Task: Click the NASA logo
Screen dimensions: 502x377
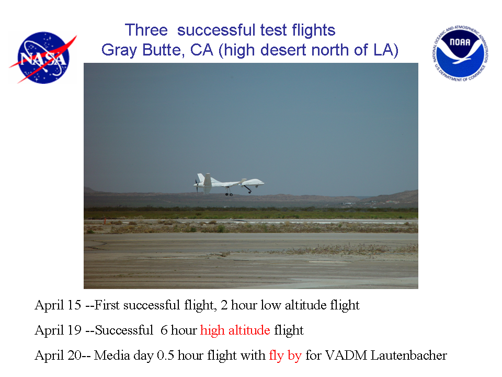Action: [x=43, y=58]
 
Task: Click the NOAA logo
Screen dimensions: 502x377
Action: [x=460, y=53]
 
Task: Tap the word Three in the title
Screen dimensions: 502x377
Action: [x=146, y=30]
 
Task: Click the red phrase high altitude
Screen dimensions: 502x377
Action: [x=235, y=330]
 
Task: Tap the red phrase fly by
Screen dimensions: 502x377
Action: [x=286, y=356]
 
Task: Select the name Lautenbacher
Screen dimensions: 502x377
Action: [x=408, y=356]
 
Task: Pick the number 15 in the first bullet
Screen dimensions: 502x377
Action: [x=74, y=305]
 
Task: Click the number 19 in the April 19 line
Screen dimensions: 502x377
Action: [x=74, y=330]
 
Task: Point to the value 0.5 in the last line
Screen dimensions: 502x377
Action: [x=165, y=356]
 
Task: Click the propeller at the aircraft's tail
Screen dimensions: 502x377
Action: [x=196, y=185]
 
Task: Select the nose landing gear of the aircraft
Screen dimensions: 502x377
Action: [x=247, y=188]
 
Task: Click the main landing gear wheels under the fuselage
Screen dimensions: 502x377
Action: [x=229, y=194]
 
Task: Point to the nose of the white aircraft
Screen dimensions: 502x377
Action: [x=263, y=183]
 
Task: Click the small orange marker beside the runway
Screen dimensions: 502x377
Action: [x=105, y=221]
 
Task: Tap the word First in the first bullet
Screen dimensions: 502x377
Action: [x=106, y=305]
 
